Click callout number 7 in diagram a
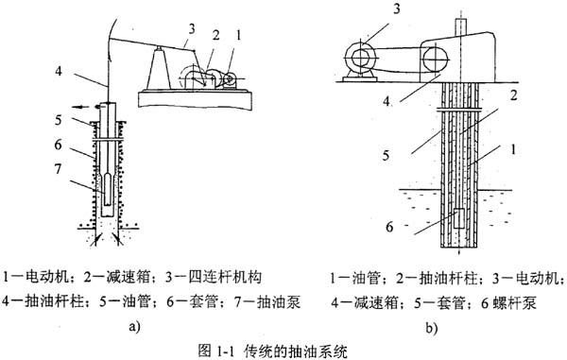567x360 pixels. pyautogui.click(x=59, y=169)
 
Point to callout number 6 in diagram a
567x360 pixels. pyautogui.click(x=59, y=145)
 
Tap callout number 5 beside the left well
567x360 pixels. pyautogui.click(x=59, y=120)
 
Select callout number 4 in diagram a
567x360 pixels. pyautogui.click(x=59, y=71)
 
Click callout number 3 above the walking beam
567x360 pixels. pyautogui.click(x=191, y=28)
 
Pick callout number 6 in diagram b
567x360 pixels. pyautogui.click(x=389, y=227)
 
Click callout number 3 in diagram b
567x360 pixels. pyautogui.click(x=397, y=9)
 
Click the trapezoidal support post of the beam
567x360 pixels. pyautogui.click(x=158, y=68)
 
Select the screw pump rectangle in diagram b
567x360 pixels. pyautogui.click(x=459, y=218)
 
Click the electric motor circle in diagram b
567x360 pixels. pyautogui.click(x=360, y=58)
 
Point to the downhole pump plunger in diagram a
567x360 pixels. pyautogui.click(x=109, y=189)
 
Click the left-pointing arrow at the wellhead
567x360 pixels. pyautogui.click(x=79, y=107)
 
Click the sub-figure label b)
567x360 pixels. pyautogui.click(x=432, y=328)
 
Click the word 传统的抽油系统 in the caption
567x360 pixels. pyautogui.click(x=296, y=351)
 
